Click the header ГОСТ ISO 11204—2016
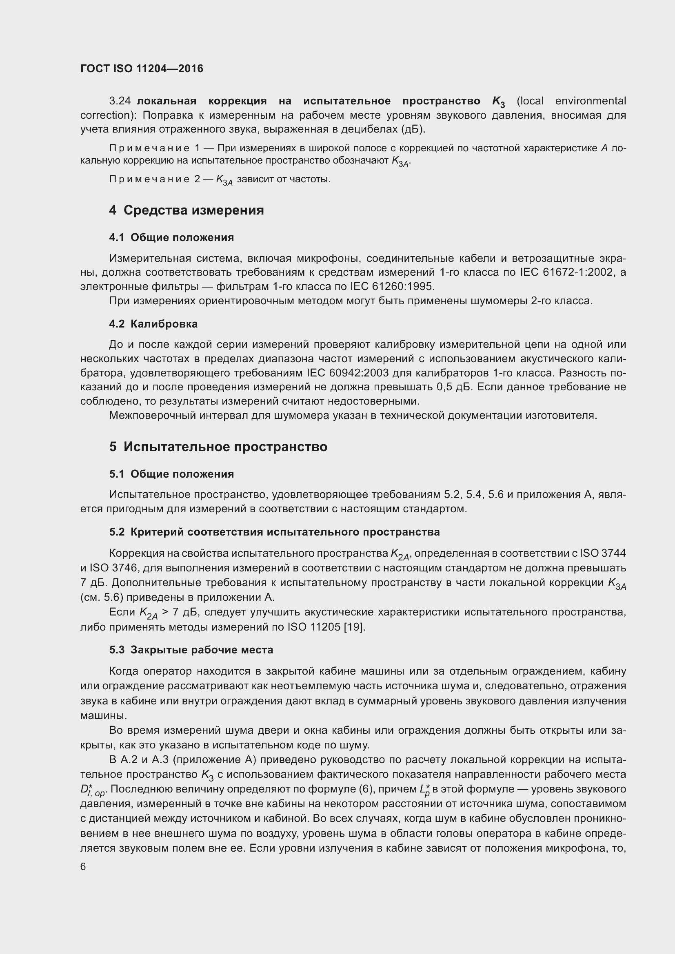coord(142,69)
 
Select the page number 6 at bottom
coord(83,866)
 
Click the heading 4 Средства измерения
coord(187,210)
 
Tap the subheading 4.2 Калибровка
coord(153,324)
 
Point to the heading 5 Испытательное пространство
coord(218,447)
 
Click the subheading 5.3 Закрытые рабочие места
coord(191,650)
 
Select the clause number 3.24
coord(120,101)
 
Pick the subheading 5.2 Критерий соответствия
coord(274,532)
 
